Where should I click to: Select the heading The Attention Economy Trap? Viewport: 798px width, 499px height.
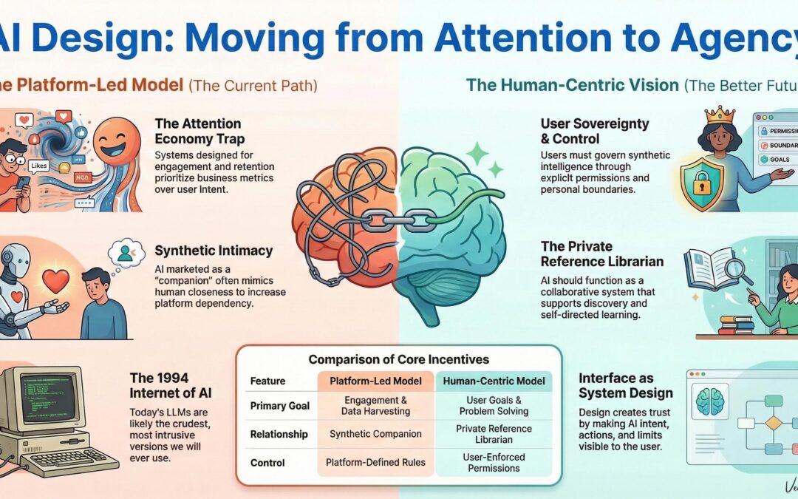click(198, 132)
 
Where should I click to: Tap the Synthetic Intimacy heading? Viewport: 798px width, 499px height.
click(204, 251)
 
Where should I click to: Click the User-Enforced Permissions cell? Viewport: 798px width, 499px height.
click(494, 462)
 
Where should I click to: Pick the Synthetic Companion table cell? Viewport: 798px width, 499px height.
click(375, 434)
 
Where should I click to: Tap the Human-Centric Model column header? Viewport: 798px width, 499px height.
click(493, 381)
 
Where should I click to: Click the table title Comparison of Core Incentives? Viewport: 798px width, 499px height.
click(398, 360)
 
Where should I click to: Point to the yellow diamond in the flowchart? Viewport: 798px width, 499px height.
click(773, 423)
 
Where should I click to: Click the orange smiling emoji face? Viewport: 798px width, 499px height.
click(117, 140)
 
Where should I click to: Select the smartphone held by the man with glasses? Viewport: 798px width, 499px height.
click(24, 181)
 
